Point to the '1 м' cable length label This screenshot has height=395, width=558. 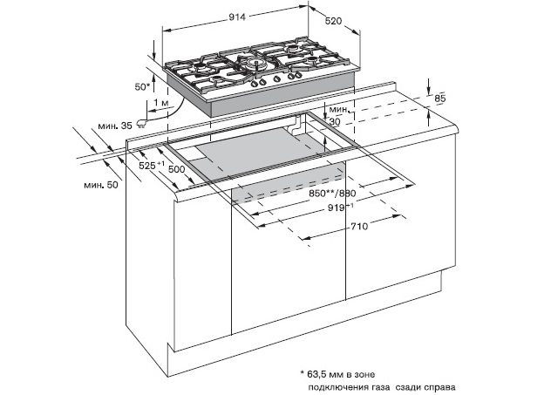click(160, 103)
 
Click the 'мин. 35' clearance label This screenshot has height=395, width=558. click(115, 126)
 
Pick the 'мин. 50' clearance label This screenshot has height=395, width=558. click(100, 186)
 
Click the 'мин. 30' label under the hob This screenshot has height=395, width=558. click(337, 115)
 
